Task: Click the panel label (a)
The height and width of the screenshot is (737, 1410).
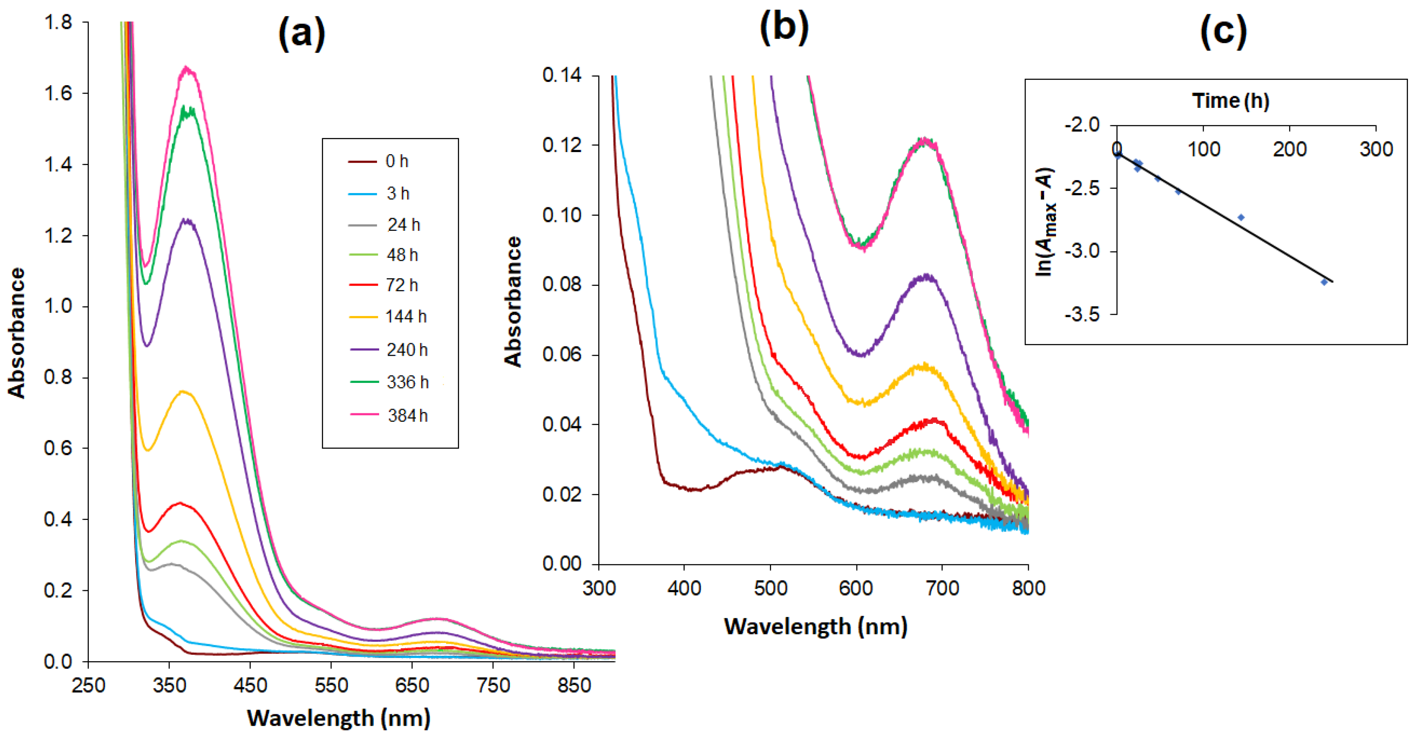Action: click(x=302, y=34)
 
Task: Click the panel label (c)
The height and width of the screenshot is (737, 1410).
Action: click(x=1223, y=32)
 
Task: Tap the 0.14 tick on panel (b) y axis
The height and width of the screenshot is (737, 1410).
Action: click(x=562, y=75)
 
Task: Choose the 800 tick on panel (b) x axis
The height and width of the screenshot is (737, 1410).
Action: click(x=1028, y=588)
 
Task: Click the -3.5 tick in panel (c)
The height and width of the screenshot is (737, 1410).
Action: click(x=1082, y=315)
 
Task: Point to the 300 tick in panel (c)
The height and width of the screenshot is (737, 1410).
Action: click(x=1376, y=149)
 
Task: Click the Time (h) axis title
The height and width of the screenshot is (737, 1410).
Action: click(x=1231, y=101)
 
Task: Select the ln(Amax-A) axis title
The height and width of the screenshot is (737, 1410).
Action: click(x=1046, y=221)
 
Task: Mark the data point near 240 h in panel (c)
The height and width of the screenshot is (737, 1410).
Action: click(x=1324, y=282)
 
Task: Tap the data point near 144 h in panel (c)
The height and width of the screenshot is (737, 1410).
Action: click(x=1241, y=218)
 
